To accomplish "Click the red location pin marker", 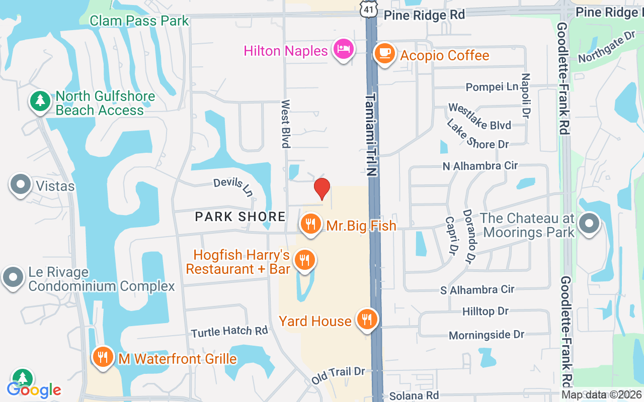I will [322, 189].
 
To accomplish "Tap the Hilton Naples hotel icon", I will [344, 50].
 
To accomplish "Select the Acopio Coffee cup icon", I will [385, 53].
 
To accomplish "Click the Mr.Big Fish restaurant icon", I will [310, 224].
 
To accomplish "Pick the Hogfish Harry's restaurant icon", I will [304, 260].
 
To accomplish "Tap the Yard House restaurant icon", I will [367, 319].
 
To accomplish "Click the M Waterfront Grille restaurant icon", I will [103, 358].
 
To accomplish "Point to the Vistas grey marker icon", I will [21, 185].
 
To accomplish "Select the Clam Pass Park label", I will [139, 21].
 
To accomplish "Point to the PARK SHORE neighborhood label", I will [240, 217].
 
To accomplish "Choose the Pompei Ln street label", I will [492, 87].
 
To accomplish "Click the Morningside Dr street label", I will [487, 335].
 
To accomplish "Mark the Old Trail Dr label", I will [338, 375].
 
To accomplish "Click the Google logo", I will [34, 389].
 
